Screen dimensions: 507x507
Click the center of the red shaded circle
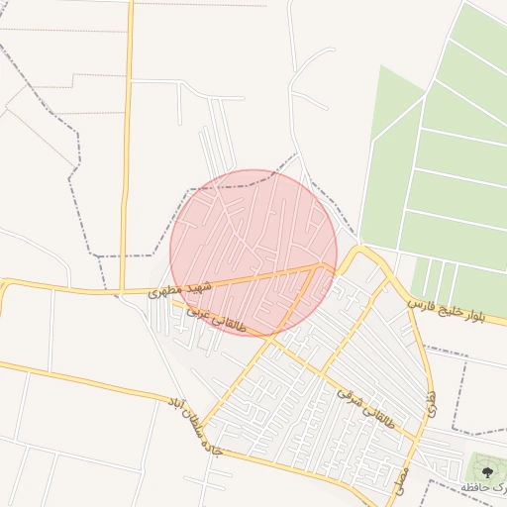tap(254, 253)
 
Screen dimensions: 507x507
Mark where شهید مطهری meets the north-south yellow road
tap(121, 291)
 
